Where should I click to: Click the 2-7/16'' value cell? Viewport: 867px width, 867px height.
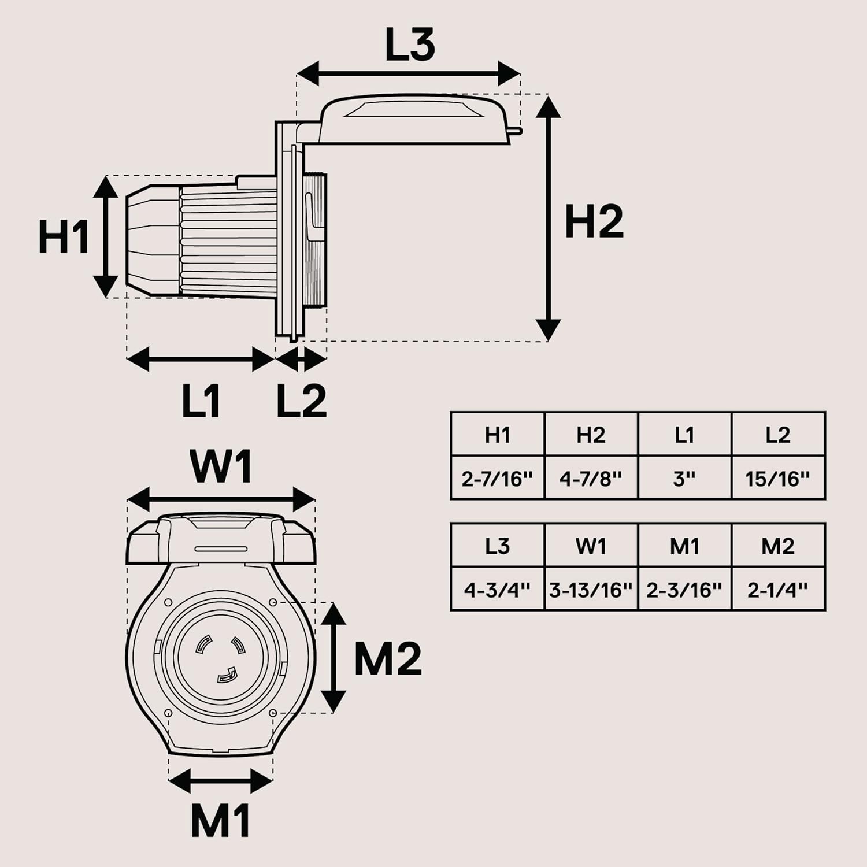(498, 477)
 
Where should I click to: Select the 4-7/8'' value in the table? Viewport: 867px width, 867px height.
(591, 477)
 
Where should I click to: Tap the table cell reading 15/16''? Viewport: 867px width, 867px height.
(778, 477)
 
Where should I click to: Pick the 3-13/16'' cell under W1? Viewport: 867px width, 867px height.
(591, 589)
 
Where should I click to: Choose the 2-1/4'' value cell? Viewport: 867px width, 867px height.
(778, 589)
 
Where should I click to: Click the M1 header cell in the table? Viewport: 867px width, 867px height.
(685, 546)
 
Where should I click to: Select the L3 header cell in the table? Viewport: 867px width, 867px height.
(498, 546)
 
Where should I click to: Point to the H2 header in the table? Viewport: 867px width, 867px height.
(591, 434)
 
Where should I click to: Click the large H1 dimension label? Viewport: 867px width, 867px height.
(64, 237)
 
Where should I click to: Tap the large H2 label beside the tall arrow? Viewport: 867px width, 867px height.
(594, 221)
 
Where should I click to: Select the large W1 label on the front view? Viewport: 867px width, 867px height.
(222, 466)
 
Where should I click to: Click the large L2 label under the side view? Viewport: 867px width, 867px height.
(301, 400)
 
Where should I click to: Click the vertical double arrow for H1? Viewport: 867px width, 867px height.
(106, 236)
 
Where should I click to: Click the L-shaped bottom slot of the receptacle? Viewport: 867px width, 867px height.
(227, 675)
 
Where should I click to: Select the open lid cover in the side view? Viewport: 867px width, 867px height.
(415, 120)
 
